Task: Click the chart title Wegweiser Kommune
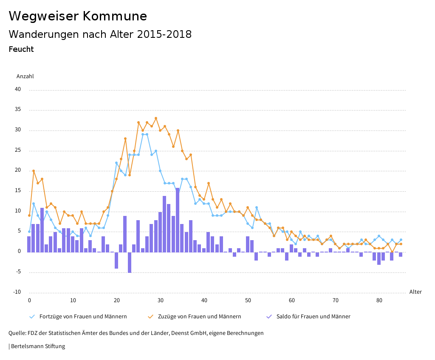78,16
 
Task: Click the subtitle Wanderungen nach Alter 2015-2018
100,34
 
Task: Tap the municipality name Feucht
21,49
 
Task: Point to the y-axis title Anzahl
25,77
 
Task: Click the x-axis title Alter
415,292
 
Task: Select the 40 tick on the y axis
18,89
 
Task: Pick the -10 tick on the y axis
17,292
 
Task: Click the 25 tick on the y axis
18,150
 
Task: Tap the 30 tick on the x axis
160,300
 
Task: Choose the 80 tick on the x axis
379,300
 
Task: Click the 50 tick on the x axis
248,300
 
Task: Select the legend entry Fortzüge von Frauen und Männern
83,317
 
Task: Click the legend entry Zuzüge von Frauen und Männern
199,317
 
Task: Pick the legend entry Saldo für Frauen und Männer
313,317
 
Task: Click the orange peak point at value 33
156,118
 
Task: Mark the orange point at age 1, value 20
34,171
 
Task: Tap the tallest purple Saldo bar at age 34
178,220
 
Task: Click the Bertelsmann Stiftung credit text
37,346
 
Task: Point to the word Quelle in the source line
17,333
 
